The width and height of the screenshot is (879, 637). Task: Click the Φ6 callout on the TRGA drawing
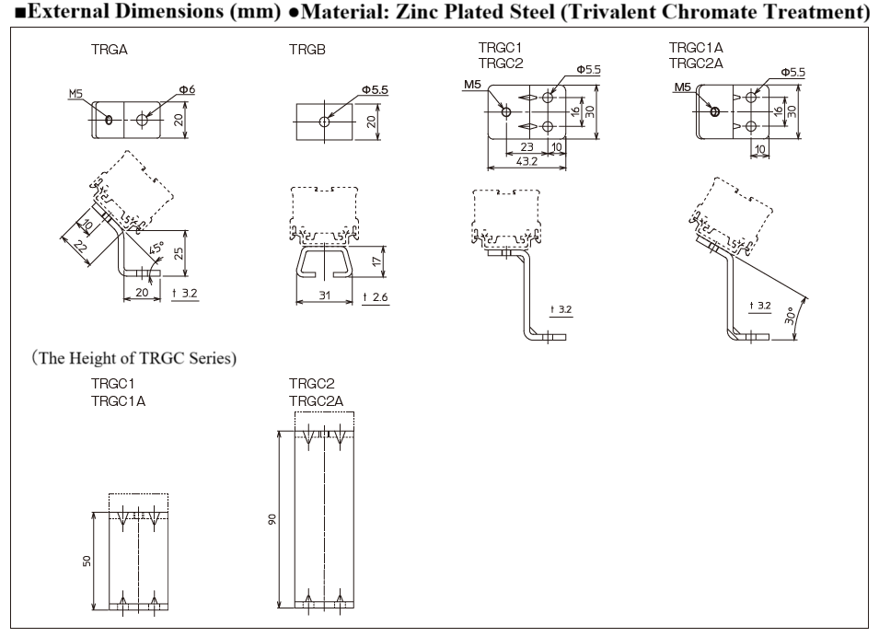[x=187, y=89]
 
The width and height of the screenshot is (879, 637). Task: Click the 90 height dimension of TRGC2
[x=272, y=519]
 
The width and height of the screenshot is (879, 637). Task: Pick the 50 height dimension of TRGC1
[x=87, y=561]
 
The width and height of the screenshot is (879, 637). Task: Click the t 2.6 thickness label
[x=376, y=295]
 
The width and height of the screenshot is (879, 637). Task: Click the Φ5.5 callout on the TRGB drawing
[x=375, y=89]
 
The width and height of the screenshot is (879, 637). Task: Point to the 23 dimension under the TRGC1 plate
[x=527, y=147]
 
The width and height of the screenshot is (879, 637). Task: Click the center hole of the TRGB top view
[x=325, y=121]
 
